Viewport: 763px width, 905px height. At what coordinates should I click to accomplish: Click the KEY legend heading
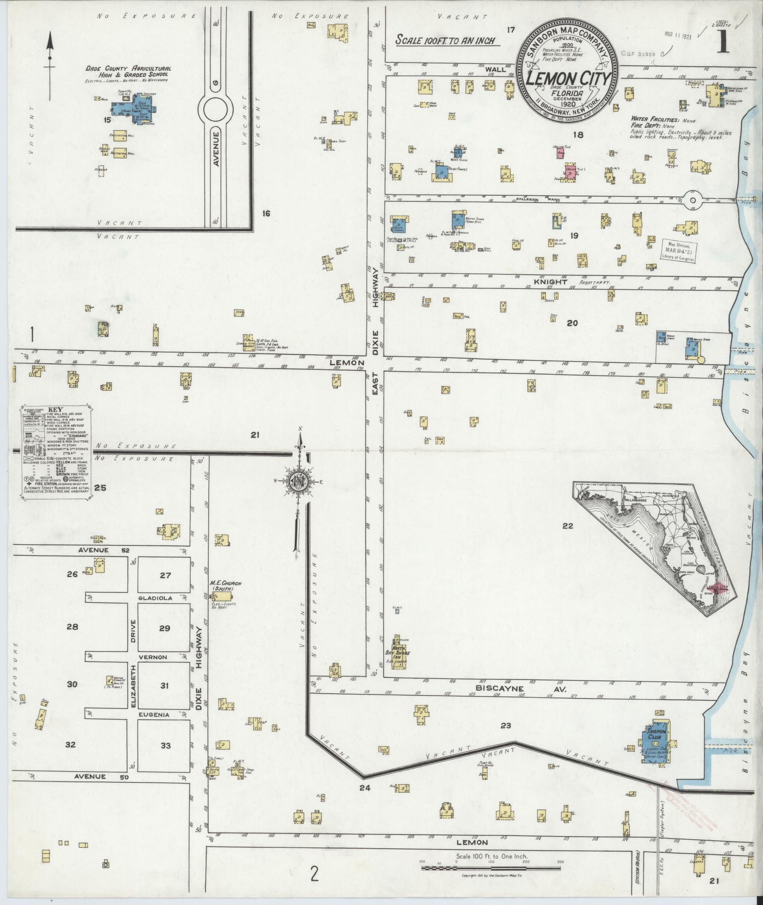[x=55, y=410]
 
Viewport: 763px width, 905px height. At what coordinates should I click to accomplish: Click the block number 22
[x=568, y=526]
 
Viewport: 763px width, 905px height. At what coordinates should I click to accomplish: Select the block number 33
[x=165, y=746]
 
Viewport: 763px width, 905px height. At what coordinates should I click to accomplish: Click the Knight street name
[x=551, y=282]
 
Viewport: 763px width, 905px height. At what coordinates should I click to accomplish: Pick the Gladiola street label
[x=155, y=598]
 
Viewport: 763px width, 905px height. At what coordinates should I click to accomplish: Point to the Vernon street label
[x=153, y=657]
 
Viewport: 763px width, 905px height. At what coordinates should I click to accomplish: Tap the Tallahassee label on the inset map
[x=633, y=499]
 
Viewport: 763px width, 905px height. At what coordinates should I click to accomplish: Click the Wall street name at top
[x=496, y=69]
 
